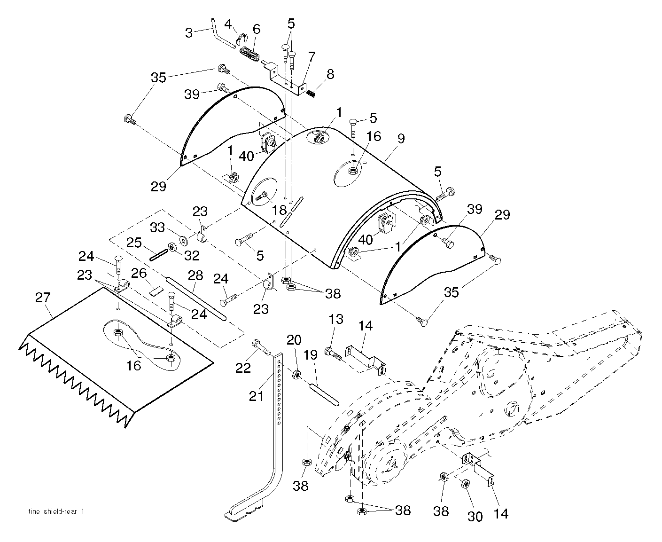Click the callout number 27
(x=43, y=298)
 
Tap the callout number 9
(x=401, y=139)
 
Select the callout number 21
(x=256, y=396)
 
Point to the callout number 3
(x=189, y=33)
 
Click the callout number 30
(x=475, y=517)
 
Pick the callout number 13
(x=336, y=319)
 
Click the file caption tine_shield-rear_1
(x=56, y=511)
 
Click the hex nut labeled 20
(x=296, y=374)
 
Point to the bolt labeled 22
(x=262, y=347)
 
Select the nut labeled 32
(x=172, y=247)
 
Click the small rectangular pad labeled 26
(x=155, y=291)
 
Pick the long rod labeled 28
(x=196, y=298)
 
